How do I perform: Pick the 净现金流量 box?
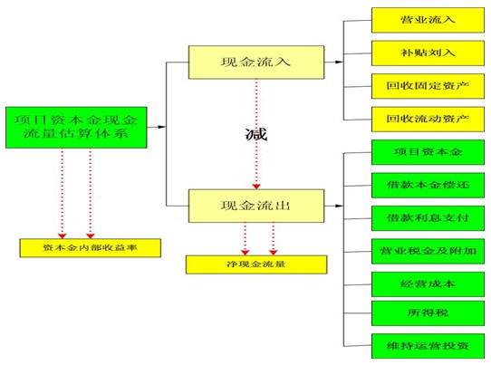pos(242,264)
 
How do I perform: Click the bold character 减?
pos(257,135)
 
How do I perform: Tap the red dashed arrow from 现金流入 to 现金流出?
pos(257,163)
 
